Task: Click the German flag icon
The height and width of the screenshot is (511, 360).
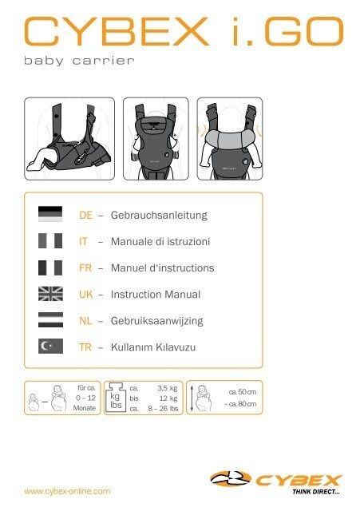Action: click(50, 214)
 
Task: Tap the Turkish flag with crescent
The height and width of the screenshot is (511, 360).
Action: click(50, 346)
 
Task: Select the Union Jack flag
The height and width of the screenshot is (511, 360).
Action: click(50, 294)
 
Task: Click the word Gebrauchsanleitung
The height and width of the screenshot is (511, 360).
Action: click(159, 216)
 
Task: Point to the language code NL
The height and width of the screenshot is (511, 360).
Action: click(85, 321)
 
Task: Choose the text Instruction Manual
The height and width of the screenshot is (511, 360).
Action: click(156, 295)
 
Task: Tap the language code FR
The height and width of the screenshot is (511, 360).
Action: click(85, 268)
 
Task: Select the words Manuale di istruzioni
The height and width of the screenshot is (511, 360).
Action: click(160, 242)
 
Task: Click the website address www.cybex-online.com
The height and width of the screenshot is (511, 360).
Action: click(67, 491)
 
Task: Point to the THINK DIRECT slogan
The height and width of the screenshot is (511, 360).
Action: click(315, 492)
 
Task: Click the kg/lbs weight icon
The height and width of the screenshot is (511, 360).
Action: click(116, 398)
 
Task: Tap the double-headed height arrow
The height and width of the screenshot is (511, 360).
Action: click(192, 398)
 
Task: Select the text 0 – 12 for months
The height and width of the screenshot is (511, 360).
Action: click(85, 398)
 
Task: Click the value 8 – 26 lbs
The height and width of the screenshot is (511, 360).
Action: click(163, 409)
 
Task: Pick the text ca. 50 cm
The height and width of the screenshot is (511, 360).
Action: click(243, 392)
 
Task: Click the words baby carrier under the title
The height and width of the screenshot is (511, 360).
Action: click(79, 61)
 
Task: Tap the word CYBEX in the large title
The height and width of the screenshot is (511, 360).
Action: click(117, 32)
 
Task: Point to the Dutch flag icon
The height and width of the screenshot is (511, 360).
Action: click(50, 319)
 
